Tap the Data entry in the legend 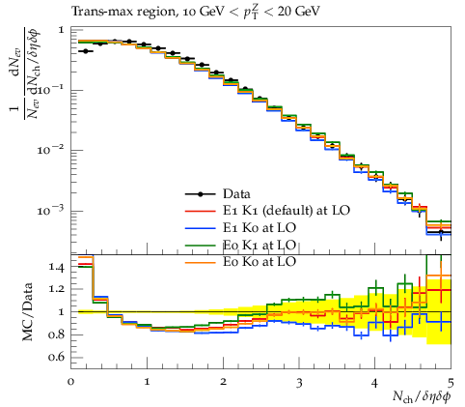pos(236,194)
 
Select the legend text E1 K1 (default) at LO pos(287,211)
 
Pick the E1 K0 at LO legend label pos(260,227)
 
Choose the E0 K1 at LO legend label pos(260,245)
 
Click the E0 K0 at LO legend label pos(260,261)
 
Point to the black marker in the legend pos(200,194)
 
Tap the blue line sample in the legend pos(200,228)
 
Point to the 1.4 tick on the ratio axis pos(57,267)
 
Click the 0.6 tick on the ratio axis pos(57,358)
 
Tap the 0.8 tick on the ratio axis pos(57,334)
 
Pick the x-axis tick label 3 pos(299,382)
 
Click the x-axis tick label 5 pos(451,382)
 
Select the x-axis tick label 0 pos(70,382)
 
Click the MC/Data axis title pos(28,311)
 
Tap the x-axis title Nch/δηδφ pos(422,396)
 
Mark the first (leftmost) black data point pos(85,51)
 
